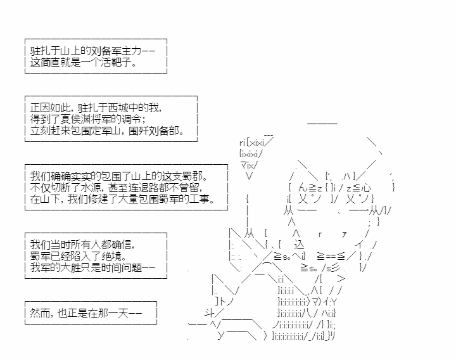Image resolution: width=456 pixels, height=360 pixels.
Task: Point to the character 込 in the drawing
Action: (299, 245)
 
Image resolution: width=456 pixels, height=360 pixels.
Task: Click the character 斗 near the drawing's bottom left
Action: (209, 313)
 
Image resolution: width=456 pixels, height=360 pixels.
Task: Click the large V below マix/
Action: (249, 176)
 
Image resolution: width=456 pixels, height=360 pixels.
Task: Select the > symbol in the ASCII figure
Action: (341, 279)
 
